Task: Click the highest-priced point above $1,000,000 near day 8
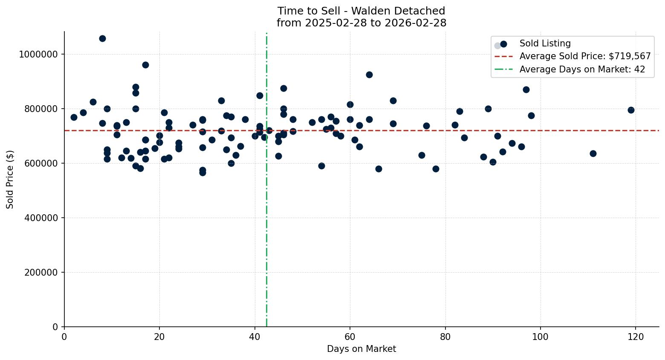[102, 38]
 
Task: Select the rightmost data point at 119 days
[631, 110]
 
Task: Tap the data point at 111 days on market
[593, 153]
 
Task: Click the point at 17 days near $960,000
[145, 65]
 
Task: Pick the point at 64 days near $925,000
[369, 75]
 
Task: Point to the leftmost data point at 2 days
[74, 117]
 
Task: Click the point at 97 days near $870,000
[526, 89]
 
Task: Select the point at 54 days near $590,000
[321, 166]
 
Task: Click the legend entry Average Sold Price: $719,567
[585, 56]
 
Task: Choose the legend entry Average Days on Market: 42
[582, 69]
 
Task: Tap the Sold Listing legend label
[545, 43]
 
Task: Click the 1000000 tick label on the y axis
[38, 54]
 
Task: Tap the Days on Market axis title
[361, 349]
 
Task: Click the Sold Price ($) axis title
[10, 179]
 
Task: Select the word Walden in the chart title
[367, 11]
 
